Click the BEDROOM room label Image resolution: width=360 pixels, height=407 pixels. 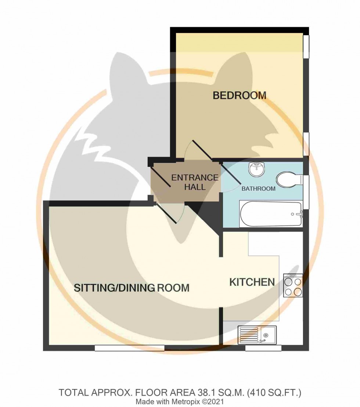tap(240, 96)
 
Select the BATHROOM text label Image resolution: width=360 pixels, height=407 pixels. tap(258, 189)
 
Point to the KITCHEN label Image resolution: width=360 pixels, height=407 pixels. tap(252, 282)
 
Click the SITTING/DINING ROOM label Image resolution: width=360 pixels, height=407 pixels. tap(132, 288)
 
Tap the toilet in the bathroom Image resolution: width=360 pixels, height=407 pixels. tap(289, 181)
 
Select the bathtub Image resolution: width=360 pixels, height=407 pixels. tap(271, 214)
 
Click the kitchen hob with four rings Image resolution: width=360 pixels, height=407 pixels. tap(293, 286)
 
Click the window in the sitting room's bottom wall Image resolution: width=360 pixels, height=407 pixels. tap(129, 347)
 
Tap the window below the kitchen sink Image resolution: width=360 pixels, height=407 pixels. tap(263, 348)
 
